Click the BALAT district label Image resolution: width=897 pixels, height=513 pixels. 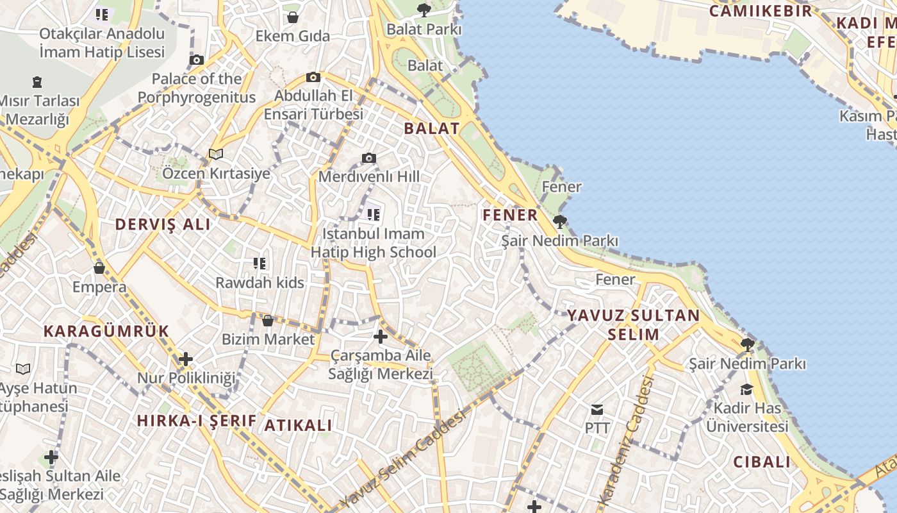click(432, 128)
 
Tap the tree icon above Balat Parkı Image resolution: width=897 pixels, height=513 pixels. click(424, 10)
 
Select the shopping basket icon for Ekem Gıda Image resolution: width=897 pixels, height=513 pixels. click(293, 17)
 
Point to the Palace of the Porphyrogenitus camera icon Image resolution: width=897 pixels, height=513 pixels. click(197, 60)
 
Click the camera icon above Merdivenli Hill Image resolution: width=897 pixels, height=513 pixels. click(368, 158)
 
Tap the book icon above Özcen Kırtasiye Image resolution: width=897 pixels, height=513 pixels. click(216, 155)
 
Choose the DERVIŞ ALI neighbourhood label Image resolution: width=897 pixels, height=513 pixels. click(163, 224)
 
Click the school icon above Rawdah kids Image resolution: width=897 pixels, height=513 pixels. click(259, 263)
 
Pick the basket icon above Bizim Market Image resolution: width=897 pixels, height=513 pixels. click(268, 320)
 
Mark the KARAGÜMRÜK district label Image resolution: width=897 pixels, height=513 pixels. click(106, 332)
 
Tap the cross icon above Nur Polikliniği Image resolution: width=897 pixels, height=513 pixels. click(186, 359)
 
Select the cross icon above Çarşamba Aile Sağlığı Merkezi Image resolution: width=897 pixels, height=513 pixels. click(381, 336)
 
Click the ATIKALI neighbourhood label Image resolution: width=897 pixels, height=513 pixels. click(299, 425)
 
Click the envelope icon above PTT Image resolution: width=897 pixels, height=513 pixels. click(597, 409)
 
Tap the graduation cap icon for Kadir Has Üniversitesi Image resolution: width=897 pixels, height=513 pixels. click(747, 389)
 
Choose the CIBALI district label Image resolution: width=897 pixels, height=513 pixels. click(762, 462)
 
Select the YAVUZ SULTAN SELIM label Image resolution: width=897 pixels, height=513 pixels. click(634, 324)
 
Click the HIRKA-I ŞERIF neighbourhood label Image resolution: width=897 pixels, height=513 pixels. click(197, 421)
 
